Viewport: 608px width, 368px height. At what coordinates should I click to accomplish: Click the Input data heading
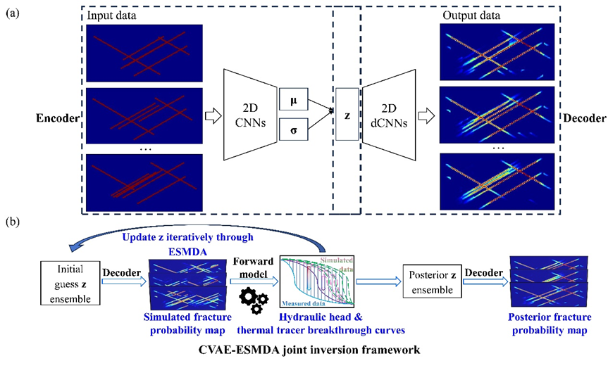coord(112,15)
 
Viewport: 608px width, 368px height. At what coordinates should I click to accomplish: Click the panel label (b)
coord(11,223)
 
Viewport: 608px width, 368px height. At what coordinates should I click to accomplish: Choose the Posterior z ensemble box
coord(432,279)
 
